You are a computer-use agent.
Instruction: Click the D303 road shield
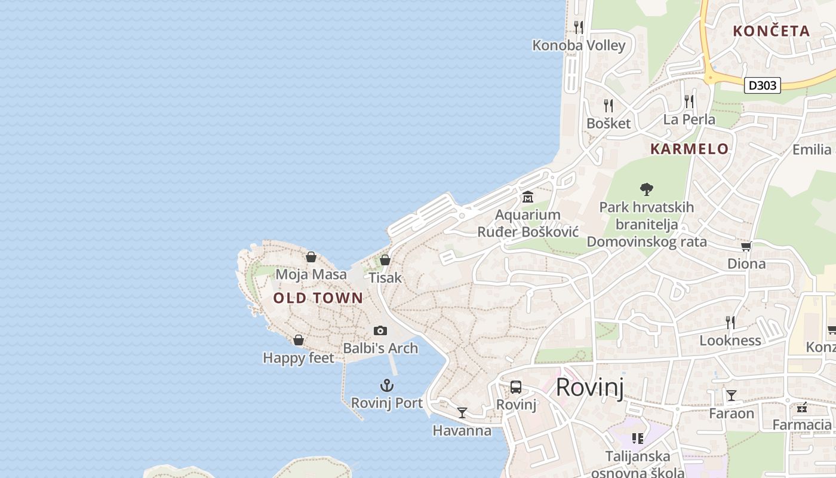pos(763,85)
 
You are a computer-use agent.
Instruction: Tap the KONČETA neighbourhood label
pos(771,31)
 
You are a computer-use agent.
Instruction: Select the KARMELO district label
pos(689,149)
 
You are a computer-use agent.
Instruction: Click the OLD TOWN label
pos(318,298)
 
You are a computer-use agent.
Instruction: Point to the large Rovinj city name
pos(589,388)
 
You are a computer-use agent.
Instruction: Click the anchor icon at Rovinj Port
pos(387,385)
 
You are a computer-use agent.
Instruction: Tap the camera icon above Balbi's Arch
pos(380,330)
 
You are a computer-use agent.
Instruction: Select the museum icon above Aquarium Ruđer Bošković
pos(528,197)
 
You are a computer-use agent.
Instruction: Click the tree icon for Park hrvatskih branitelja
pos(646,189)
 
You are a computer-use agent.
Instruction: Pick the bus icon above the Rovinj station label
pos(516,387)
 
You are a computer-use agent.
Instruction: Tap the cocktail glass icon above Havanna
pos(462,412)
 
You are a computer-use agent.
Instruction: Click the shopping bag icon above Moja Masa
pos(311,257)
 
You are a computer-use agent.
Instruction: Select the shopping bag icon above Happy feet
pos(299,340)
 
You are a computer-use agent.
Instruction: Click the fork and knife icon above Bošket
pos(608,106)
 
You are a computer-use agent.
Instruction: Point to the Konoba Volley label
pos(579,45)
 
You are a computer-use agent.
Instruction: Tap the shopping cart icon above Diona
pos(746,246)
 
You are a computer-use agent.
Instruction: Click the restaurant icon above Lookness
pos(730,323)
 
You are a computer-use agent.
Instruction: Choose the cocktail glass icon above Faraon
pos(731,395)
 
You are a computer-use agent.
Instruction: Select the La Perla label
pos(689,119)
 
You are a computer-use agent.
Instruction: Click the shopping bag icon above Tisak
pos(385,260)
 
